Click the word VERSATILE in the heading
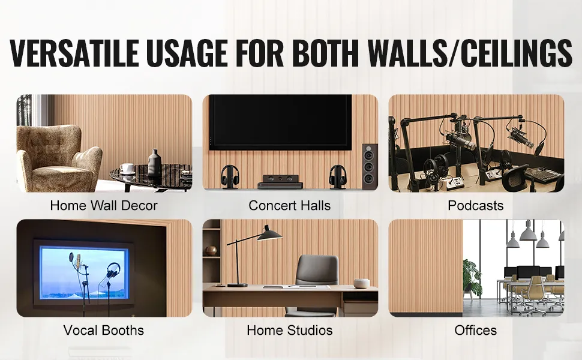tap(74, 52)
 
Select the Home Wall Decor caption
tap(104, 205)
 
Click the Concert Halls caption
tap(290, 205)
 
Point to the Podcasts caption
tap(475, 205)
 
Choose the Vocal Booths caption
tap(104, 330)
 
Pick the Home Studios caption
tap(290, 330)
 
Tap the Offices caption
tap(475, 330)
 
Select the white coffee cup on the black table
tap(127, 168)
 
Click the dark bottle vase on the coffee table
tap(154, 163)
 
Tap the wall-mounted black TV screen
tap(280, 122)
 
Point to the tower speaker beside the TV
tap(370, 166)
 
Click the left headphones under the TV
tap(230, 176)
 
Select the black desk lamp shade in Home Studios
tap(269, 234)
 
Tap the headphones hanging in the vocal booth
tap(113, 271)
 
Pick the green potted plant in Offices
tap(472, 278)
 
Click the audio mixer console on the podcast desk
tap(543, 175)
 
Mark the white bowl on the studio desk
tap(361, 283)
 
